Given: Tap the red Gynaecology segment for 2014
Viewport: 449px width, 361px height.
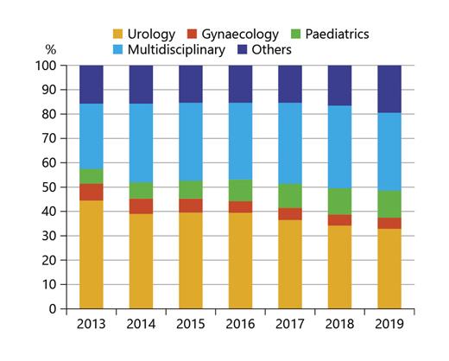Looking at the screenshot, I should tap(153, 206).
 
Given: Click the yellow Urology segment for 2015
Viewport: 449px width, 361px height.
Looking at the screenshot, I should tap(203, 260).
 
